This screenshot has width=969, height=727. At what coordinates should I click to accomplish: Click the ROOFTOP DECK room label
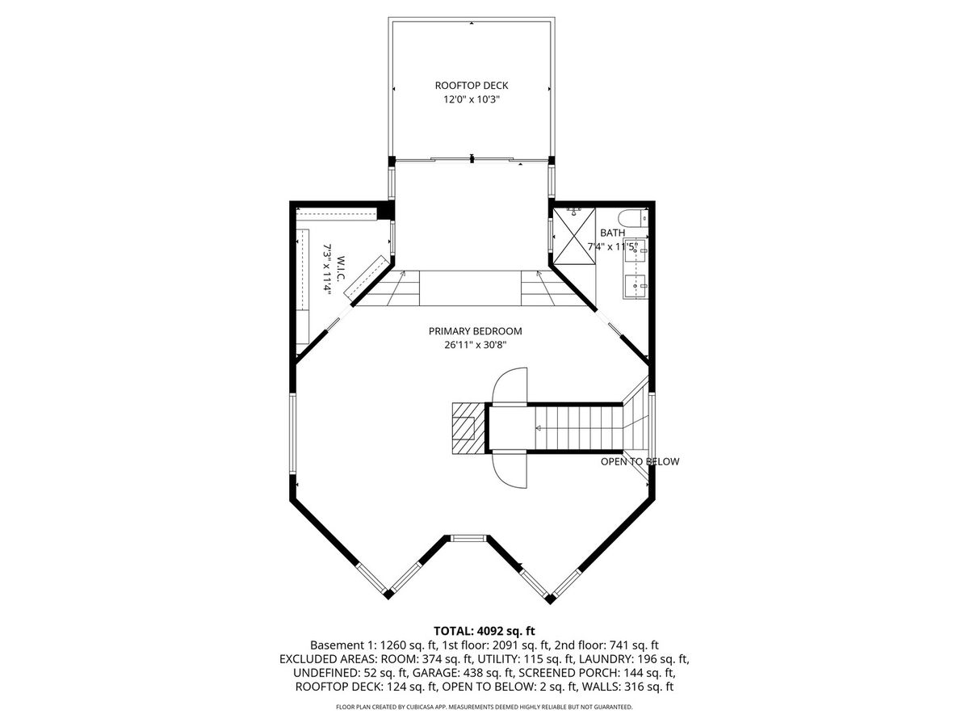[472, 85]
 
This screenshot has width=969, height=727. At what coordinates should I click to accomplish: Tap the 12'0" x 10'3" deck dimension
[472, 99]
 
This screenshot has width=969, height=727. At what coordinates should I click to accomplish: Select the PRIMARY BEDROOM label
[475, 331]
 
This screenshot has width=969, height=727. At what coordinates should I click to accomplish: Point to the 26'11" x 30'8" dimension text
[475, 345]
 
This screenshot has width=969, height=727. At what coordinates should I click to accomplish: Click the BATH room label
[612, 233]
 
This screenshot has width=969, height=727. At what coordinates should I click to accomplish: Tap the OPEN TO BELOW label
[640, 462]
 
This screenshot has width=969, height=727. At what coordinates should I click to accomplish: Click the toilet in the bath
[632, 218]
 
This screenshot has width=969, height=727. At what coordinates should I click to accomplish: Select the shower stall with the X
[574, 236]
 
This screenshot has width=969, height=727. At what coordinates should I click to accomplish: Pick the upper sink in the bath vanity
[636, 250]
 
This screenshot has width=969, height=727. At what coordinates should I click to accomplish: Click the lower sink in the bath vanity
[636, 286]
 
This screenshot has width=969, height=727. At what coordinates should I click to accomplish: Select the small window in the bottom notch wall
[467, 538]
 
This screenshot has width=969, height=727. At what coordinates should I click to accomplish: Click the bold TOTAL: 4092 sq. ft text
[484, 631]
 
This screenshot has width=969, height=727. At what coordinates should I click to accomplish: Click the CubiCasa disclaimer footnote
[484, 707]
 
